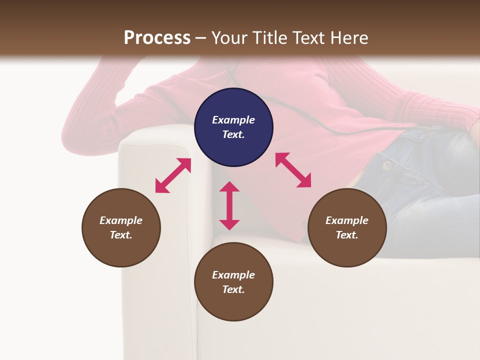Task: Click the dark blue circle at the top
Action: (x=233, y=127)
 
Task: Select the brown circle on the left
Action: (x=121, y=227)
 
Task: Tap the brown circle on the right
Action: (x=347, y=227)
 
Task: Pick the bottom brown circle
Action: (x=233, y=282)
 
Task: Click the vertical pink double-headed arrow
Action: (x=229, y=205)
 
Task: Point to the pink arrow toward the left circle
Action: (x=173, y=175)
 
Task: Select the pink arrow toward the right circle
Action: (x=293, y=170)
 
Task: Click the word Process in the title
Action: (x=157, y=38)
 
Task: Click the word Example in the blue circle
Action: (x=233, y=120)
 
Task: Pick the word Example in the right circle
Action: (x=347, y=220)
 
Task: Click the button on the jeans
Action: (x=386, y=165)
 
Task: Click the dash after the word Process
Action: (x=201, y=38)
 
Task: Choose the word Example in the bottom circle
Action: (x=233, y=275)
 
